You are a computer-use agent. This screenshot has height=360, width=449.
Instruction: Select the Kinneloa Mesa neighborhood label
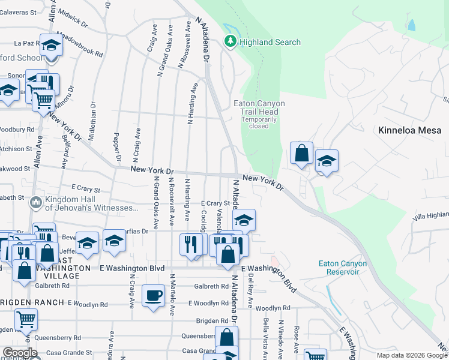pyautogui.click(x=410, y=130)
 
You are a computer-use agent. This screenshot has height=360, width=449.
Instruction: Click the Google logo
pyautogui.click(x=20, y=353)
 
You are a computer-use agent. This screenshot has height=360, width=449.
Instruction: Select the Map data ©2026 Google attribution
pyautogui.click(x=411, y=355)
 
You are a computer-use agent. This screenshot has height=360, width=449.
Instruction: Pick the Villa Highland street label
pyautogui.click(x=431, y=215)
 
